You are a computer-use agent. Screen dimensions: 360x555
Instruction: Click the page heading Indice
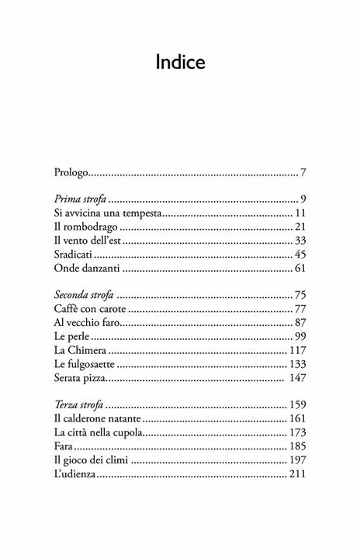point(180,63)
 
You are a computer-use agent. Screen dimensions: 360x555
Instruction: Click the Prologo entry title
point(72,172)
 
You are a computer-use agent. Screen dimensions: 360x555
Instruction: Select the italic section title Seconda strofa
point(85,296)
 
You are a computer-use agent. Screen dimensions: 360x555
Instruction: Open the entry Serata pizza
point(81,379)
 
